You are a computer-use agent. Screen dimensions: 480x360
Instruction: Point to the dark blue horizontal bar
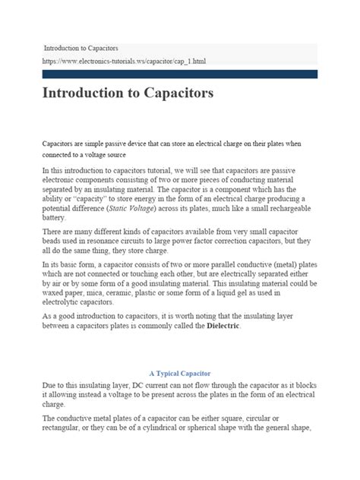click(180, 74)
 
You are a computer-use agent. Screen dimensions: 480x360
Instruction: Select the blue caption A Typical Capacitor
click(179, 394)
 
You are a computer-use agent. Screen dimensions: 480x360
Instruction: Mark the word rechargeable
click(285, 207)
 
